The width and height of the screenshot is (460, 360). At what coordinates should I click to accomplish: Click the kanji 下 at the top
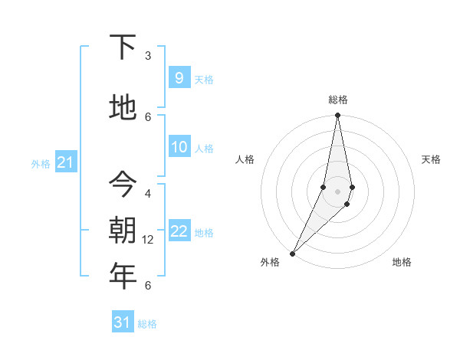(x=123, y=47)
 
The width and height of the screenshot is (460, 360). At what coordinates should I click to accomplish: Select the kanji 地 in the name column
(x=123, y=108)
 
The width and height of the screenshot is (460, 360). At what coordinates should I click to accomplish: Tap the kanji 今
(x=123, y=184)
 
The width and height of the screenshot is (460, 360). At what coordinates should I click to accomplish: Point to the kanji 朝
(x=123, y=229)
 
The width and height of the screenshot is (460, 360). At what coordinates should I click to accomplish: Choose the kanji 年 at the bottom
(x=123, y=276)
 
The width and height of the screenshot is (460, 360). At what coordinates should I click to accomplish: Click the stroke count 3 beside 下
(x=148, y=55)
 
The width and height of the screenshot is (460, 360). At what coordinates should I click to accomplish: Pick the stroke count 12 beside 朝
(x=148, y=240)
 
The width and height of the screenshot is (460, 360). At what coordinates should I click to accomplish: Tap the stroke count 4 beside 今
(x=148, y=193)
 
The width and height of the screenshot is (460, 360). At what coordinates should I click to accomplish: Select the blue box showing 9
(x=179, y=77)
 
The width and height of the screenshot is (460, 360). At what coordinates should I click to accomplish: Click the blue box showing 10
(x=179, y=147)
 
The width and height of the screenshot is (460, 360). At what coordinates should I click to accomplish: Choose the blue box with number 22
(x=179, y=231)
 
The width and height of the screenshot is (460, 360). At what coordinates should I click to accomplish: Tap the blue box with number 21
(x=65, y=162)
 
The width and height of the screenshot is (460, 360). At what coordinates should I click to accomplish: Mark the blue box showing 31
(x=123, y=322)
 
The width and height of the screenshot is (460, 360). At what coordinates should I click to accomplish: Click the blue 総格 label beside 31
(x=147, y=324)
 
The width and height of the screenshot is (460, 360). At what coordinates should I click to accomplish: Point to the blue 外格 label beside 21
(x=40, y=163)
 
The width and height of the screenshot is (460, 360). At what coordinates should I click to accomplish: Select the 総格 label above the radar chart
(x=337, y=100)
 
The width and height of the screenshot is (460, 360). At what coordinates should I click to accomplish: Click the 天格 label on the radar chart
(x=431, y=159)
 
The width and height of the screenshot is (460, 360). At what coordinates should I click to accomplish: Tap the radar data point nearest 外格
(x=292, y=253)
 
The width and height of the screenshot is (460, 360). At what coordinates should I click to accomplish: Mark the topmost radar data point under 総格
(x=337, y=116)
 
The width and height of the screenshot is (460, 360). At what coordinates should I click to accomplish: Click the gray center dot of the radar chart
(x=337, y=191)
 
